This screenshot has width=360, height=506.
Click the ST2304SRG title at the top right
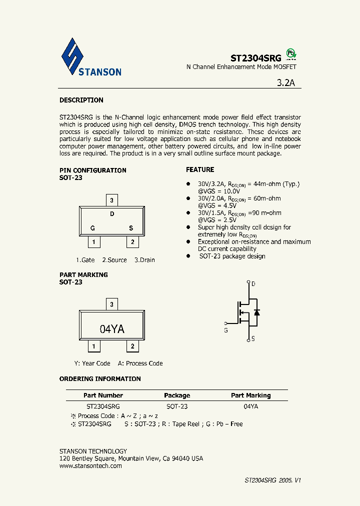coord(255,58)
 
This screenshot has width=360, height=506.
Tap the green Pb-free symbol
coord(290,54)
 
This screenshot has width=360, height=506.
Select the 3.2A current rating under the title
coord(286,83)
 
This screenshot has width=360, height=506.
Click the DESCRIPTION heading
coord(81,100)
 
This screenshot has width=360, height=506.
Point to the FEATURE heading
coord(200,169)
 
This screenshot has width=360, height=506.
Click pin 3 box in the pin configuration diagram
coord(112,200)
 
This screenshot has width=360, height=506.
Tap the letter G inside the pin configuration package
coord(92,228)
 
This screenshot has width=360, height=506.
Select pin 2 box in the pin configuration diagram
coord(132,242)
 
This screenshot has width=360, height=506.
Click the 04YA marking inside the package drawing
coord(112,329)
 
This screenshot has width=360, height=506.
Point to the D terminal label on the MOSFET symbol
coord(253,284)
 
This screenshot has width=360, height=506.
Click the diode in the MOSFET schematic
coord(256,312)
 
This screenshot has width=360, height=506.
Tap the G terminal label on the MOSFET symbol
coord(226,330)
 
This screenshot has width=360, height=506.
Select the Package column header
coord(177,395)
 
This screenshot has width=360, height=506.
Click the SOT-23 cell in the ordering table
coord(177,406)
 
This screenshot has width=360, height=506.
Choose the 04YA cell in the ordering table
coord(250,406)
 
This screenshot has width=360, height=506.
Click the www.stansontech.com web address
coord(90,465)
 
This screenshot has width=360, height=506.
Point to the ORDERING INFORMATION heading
coord(100,378)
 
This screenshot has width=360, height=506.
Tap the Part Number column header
coord(103,395)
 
